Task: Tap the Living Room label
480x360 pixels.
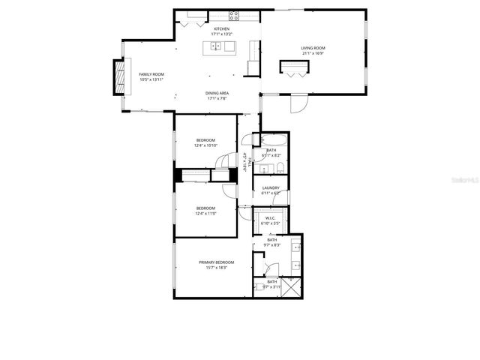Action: [x=313, y=48]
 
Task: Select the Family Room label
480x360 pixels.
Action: [x=151, y=74]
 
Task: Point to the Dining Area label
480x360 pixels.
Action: [x=217, y=93]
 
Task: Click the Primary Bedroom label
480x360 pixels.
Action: [x=216, y=262]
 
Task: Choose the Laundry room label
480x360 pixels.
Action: [x=271, y=187]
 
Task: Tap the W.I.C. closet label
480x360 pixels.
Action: [x=271, y=219]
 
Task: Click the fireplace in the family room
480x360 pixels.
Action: [x=117, y=76]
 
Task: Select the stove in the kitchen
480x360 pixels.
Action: [x=234, y=15]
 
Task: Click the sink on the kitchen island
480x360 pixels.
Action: [x=217, y=47]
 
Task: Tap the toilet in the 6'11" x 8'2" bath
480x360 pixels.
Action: [x=279, y=167]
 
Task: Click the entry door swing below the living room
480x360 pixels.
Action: [x=299, y=103]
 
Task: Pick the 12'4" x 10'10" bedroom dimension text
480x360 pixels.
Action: [x=205, y=145]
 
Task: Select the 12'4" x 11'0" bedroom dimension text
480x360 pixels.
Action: [x=205, y=214]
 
